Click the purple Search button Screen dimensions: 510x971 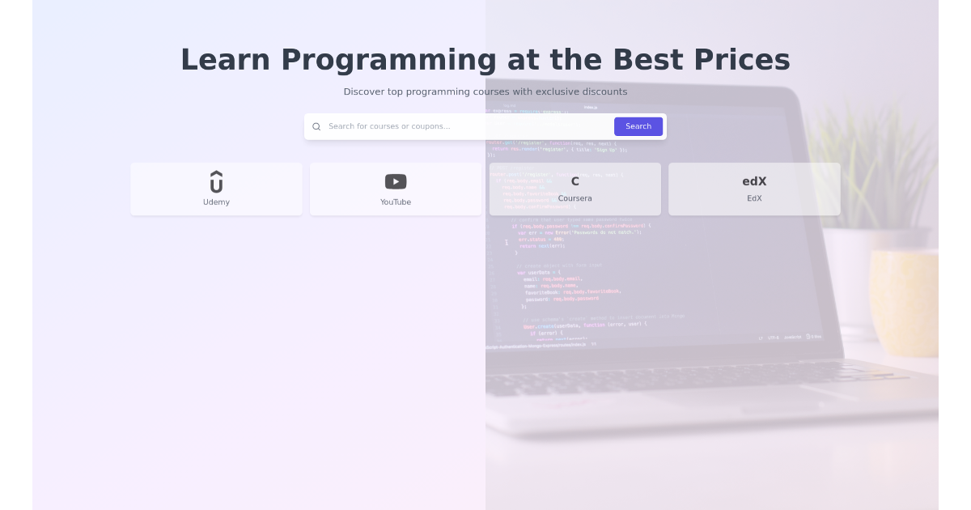(x=638, y=126)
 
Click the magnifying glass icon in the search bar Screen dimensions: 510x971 (x=316, y=126)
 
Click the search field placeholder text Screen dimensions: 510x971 (x=389, y=126)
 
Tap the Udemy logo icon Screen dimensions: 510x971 (x=216, y=181)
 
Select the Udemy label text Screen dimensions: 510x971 (x=216, y=202)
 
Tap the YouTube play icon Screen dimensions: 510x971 (x=396, y=181)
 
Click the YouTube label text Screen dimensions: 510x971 (x=396, y=202)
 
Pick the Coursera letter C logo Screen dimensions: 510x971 (x=575, y=181)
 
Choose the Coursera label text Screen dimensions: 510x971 (x=575, y=198)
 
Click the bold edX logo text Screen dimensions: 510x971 (x=754, y=181)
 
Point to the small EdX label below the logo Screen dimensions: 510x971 (x=754, y=198)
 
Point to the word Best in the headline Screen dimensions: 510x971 (x=647, y=60)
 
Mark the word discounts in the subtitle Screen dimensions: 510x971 (x=604, y=91)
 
